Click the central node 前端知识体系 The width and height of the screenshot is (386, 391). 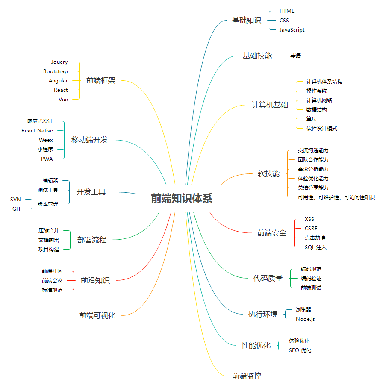[182, 199]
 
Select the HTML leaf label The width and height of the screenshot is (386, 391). [287, 11]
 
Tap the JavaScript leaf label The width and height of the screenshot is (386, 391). [292, 30]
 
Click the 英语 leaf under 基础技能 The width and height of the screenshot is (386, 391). [295, 56]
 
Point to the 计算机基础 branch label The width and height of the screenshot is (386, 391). [270, 105]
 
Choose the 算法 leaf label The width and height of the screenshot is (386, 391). [312, 119]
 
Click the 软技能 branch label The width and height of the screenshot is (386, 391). [268, 173]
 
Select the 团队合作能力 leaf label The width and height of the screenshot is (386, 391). [313, 160]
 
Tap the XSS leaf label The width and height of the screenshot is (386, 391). [309, 219]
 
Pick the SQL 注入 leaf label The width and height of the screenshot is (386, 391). [315, 247]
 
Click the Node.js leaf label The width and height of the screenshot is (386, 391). [305, 319]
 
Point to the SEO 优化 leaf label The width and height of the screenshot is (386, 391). [300, 350]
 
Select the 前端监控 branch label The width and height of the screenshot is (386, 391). [247, 376]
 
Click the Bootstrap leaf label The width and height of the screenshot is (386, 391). [56, 71]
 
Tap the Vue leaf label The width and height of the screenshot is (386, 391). [63, 100]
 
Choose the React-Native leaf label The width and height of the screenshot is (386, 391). [38, 131]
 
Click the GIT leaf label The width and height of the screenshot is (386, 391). [17, 209]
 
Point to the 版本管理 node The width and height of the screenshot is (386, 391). [48, 204]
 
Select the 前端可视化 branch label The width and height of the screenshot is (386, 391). [97, 316]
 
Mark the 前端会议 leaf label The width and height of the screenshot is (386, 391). [52, 281]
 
